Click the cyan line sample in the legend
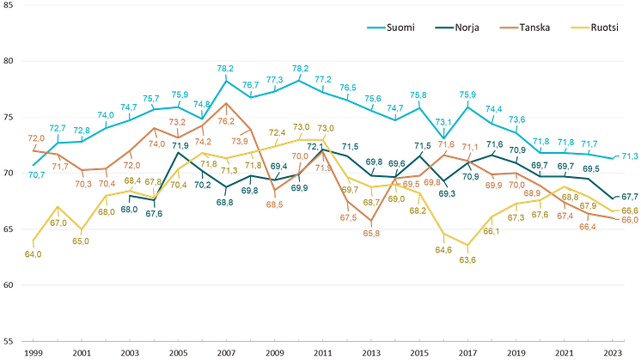point(376,27)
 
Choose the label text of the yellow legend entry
point(607,27)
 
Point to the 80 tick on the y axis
point(7,61)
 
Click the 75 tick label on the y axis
point(7,117)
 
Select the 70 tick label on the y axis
point(7,173)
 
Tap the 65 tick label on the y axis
point(7,229)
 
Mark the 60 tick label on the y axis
point(7,285)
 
